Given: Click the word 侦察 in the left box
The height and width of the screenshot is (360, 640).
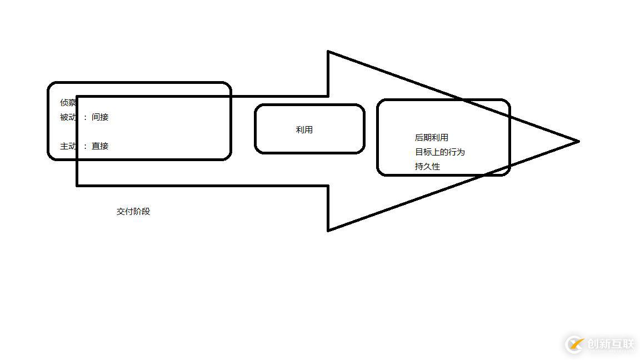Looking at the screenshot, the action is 68,102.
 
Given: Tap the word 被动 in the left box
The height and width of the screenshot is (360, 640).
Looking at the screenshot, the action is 68,117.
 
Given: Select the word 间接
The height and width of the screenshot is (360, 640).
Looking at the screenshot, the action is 100,117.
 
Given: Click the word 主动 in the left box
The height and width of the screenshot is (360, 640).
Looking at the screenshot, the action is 68,146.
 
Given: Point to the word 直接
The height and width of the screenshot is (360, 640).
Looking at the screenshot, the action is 100,146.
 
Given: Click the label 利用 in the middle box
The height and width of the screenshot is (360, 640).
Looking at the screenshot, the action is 304,130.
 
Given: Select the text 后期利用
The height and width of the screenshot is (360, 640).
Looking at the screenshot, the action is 432,138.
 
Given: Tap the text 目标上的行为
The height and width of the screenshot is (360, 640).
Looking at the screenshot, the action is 440,152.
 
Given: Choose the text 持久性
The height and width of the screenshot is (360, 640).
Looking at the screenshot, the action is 427,167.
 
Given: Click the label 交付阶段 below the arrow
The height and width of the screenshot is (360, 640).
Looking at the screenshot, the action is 133,212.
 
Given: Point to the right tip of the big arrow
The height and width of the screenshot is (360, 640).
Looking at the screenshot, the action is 579,142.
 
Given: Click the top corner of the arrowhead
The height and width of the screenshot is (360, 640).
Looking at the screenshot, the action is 328,52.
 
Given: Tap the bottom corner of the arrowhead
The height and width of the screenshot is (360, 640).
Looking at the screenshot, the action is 328,231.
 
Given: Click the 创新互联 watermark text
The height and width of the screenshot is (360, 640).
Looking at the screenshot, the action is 611,344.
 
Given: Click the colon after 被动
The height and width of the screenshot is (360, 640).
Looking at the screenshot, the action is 86,118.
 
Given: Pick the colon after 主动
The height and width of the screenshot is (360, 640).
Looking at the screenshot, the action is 86,147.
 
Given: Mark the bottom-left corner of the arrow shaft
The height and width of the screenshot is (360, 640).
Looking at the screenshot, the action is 77,186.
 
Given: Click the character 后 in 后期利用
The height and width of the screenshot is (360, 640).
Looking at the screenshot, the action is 419,138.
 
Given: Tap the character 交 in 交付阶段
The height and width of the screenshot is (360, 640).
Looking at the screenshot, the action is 121,212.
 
